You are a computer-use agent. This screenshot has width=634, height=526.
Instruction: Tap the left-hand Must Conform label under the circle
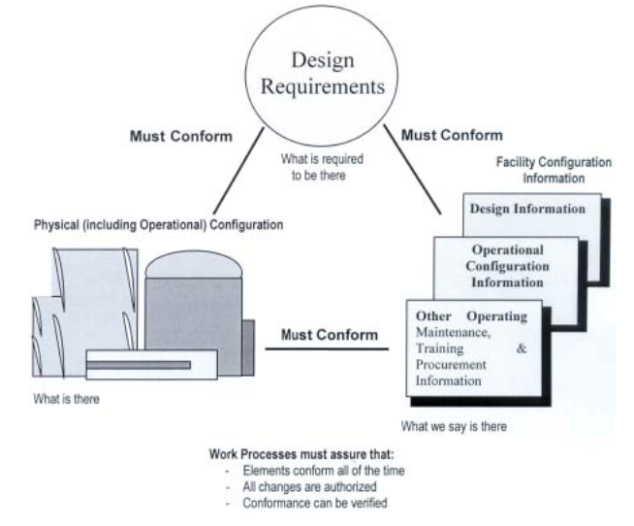[x=180, y=137]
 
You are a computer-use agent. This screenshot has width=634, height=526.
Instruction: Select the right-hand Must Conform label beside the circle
[x=452, y=135]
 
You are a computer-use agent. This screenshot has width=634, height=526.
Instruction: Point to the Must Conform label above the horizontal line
[x=329, y=335]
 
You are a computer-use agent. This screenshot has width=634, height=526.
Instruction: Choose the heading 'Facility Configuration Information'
[x=553, y=171]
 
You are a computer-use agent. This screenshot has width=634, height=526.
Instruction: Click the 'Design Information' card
[x=528, y=209]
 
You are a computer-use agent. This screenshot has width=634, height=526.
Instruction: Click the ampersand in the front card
[x=523, y=349]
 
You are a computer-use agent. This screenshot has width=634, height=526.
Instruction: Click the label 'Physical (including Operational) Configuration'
[x=145, y=225]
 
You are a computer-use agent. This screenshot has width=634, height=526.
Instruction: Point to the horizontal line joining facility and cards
[x=329, y=349]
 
